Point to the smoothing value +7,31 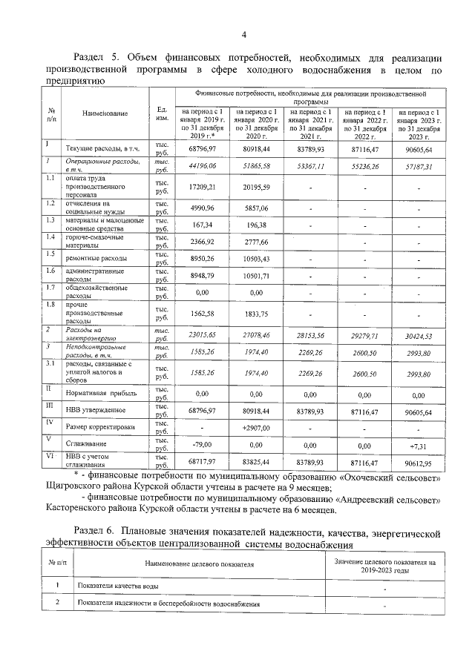[421, 446]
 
